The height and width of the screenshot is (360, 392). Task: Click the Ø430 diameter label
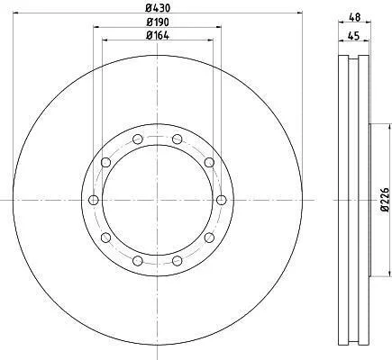pyautogui.click(x=158, y=8)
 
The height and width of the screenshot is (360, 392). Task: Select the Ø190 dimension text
pyautogui.click(x=158, y=22)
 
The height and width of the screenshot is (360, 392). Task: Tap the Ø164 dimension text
pyautogui.click(x=158, y=35)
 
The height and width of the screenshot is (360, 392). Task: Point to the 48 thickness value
pyautogui.click(x=354, y=17)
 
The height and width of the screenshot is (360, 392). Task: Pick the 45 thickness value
pyautogui.click(x=353, y=36)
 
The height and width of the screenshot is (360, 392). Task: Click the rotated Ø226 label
pyautogui.click(x=385, y=200)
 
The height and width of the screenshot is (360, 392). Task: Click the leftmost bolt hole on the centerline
pyautogui.click(x=94, y=200)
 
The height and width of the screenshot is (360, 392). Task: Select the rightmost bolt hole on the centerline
pyautogui.click(x=222, y=200)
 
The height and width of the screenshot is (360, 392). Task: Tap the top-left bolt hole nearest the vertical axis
pyautogui.click(x=138, y=139)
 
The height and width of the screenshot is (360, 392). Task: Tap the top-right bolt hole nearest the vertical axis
pyautogui.click(x=178, y=139)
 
